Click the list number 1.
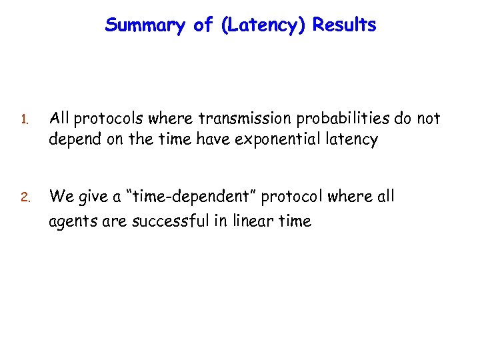pos(22,121)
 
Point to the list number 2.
pos(23,198)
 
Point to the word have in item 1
pos(208,140)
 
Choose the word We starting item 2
pos(61,197)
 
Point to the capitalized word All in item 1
pos(61,119)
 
